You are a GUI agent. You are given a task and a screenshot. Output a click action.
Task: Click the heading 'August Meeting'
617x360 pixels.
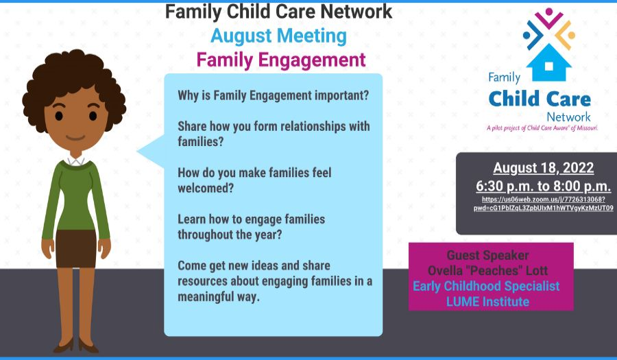[x=278, y=36]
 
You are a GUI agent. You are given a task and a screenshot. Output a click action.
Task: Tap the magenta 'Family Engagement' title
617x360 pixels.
[x=281, y=60]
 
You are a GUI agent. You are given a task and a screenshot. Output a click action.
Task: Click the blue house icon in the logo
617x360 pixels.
[x=549, y=62]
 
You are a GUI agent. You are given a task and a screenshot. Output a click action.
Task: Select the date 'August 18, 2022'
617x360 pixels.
[x=544, y=168]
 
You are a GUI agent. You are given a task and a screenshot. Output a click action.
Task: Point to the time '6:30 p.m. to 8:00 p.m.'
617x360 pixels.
[x=544, y=186]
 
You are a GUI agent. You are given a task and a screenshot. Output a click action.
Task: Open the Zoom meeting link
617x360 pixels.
[x=544, y=204]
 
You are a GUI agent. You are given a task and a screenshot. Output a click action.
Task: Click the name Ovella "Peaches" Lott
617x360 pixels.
[x=487, y=271]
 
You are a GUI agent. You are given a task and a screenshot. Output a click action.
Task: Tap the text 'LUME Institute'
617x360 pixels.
[x=487, y=302]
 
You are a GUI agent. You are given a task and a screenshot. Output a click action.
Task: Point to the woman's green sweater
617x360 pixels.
[x=75, y=197]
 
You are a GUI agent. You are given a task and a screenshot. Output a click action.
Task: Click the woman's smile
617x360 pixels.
[x=75, y=138]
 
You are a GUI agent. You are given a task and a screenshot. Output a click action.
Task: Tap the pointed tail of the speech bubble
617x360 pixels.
[x=138, y=151]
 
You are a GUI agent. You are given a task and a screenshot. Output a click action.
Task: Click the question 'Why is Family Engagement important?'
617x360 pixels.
[x=273, y=95]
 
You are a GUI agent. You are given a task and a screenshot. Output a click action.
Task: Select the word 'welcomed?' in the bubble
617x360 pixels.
[x=206, y=188]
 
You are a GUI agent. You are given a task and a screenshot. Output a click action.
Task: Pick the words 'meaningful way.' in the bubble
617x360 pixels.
[x=219, y=297]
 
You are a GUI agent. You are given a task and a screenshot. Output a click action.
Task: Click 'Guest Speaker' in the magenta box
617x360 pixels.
[x=487, y=255]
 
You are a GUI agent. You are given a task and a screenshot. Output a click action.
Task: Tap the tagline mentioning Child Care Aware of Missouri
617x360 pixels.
[x=542, y=128]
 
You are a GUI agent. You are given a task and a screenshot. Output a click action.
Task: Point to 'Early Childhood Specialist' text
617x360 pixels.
[x=486, y=287]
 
